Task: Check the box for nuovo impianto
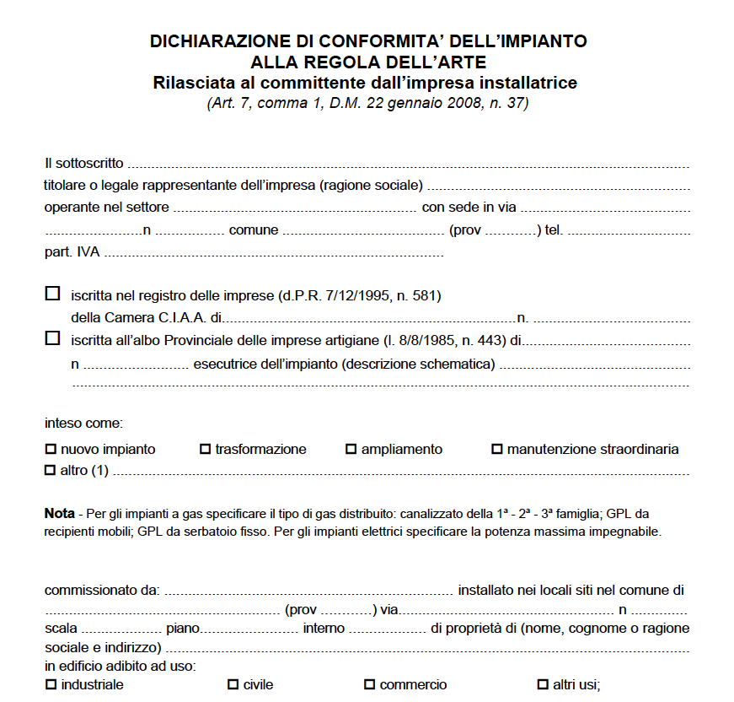click(x=50, y=450)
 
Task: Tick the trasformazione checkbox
click(x=205, y=450)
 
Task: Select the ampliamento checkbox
click(x=351, y=450)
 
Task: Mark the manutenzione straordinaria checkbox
click(x=496, y=450)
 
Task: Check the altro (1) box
click(x=50, y=470)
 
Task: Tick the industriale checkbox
click(x=50, y=684)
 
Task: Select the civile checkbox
click(x=233, y=684)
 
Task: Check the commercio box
click(x=369, y=684)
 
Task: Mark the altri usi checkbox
click(x=543, y=684)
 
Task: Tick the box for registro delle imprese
click(x=52, y=294)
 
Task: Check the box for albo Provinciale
click(x=52, y=338)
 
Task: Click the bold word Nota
click(x=59, y=513)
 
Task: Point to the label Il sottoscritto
click(x=83, y=163)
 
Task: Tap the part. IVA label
click(x=72, y=251)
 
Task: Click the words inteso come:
click(x=83, y=423)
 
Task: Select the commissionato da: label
click(x=101, y=591)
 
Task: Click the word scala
click(x=61, y=629)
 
